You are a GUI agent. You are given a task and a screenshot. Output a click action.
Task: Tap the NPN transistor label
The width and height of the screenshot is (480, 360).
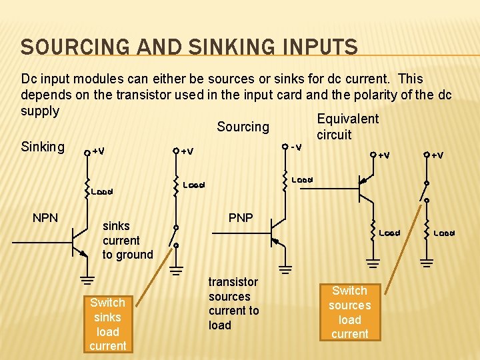[x=45, y=218]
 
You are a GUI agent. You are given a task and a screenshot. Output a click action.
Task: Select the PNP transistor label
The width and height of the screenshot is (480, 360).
[x=240, y=218]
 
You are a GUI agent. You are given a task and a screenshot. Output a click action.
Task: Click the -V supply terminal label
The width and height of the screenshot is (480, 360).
[x=295, y=146]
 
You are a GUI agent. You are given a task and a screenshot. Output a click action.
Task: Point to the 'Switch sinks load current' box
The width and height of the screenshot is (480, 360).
[x=107, y=324]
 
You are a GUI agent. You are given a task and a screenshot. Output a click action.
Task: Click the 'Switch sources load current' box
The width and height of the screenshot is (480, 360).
[x=349, y=312]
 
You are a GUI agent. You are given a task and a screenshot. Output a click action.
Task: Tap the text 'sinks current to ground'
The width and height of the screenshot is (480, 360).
[x=127, y=240]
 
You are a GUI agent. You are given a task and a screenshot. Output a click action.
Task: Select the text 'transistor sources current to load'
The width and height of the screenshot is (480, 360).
[x=233, y=303]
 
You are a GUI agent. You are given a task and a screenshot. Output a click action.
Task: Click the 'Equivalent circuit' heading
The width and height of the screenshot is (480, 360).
[x=347, y=127]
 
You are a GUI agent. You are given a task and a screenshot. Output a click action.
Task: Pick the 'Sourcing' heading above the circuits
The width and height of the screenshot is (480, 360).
[x=243, y=127]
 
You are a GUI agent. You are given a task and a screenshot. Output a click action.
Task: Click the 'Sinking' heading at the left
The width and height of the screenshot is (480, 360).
[x=43, y=146]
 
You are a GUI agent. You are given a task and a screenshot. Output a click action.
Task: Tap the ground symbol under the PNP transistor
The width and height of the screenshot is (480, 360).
[x=285, y=269]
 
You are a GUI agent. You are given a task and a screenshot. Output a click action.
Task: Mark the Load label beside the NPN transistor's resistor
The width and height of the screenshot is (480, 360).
[x=102, y=191]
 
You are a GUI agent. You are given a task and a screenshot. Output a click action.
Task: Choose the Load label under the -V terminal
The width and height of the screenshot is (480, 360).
[x=303, y=179]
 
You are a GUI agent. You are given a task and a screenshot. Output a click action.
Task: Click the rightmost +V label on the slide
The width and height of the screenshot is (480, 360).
[x=437, y=155]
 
